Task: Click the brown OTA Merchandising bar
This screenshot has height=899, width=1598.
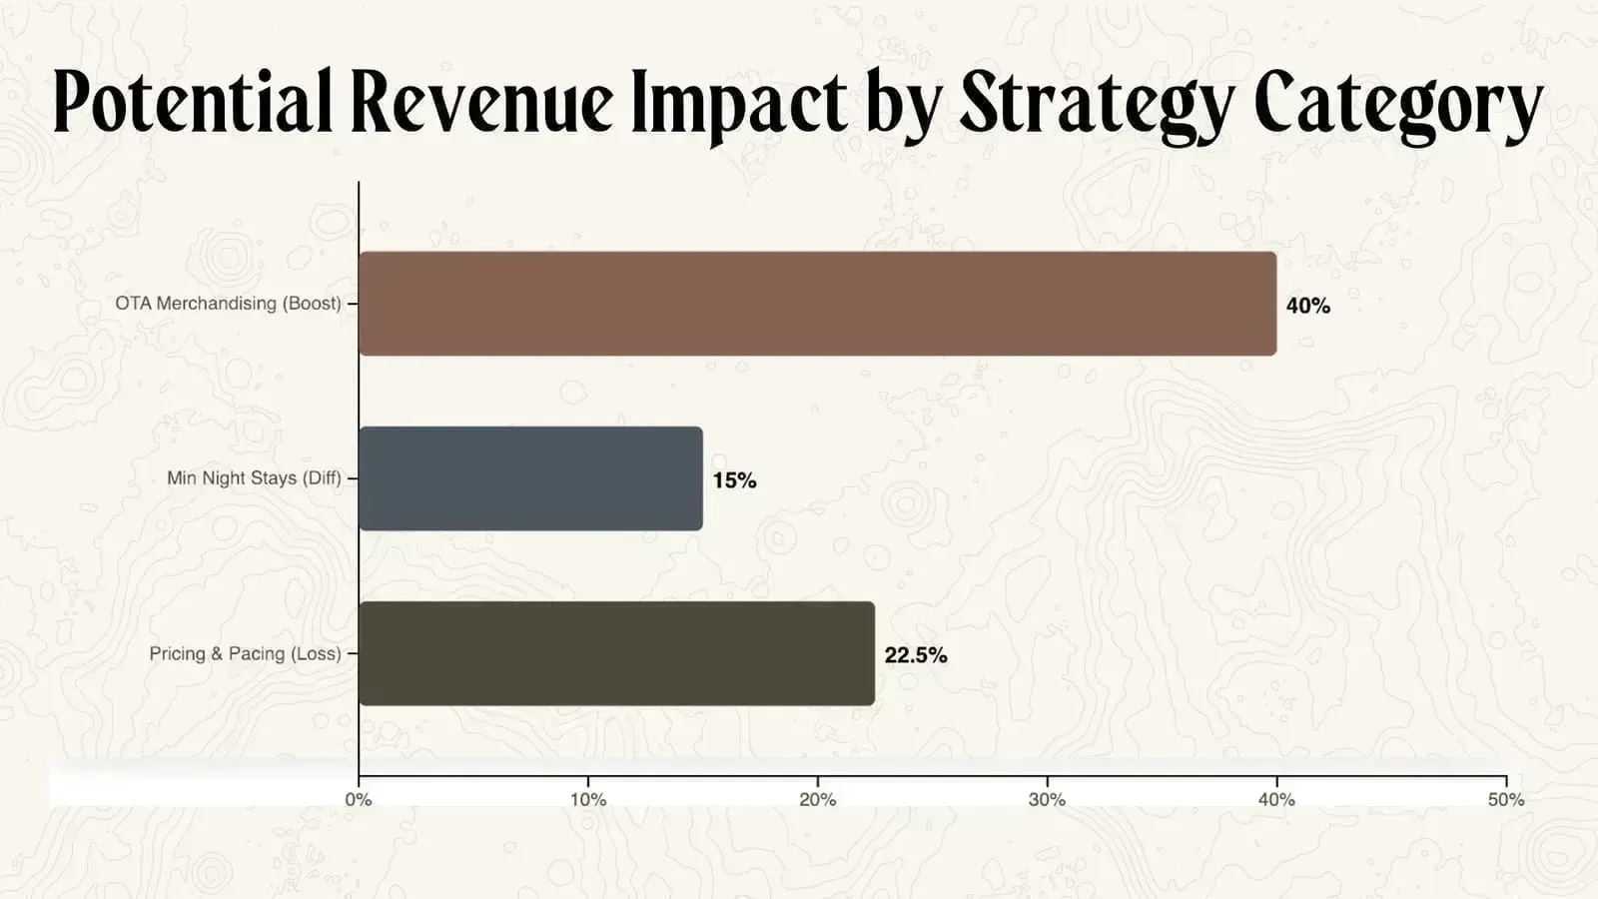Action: tap(817, 304)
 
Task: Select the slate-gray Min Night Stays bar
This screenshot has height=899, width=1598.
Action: tap(530, 478)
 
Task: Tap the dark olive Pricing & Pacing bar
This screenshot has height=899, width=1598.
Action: tap(616, 653)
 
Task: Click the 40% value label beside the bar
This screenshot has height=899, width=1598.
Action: tap(1307, 306)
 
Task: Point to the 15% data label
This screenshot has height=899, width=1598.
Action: tap(734, 480)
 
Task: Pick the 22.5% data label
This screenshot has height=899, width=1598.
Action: tap(915, 655)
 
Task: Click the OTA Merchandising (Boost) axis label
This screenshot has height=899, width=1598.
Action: tap(228, 303)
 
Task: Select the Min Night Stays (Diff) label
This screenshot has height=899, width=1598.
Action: tap(254, 477)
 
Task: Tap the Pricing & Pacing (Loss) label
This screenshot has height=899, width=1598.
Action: tap(245, 653)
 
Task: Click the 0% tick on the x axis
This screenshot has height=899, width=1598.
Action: tap(359, 799)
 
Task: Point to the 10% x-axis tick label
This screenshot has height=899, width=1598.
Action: tap(588, 799)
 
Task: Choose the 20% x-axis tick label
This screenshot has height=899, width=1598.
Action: tap(817, 799)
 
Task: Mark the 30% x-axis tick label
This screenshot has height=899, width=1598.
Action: tap(1047, 799)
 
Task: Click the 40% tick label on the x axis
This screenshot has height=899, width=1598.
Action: tap(1276, 799)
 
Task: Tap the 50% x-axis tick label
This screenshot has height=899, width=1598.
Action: tap(1505, 799)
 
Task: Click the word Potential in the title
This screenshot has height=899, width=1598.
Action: tap(192, 102)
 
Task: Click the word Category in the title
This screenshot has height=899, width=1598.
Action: tap(1398, 102)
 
